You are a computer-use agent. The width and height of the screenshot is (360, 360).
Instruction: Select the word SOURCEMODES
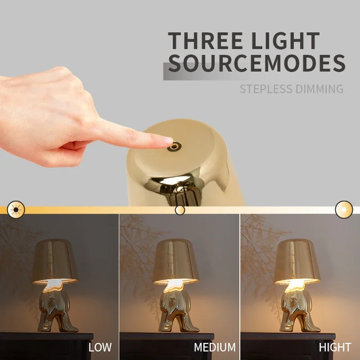(257, 63)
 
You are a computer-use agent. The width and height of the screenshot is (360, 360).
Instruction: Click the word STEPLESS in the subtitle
(266, 89)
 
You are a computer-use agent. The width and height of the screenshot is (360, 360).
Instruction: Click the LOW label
(100, 347)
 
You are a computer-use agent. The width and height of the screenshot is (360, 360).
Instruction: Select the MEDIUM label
(215, 347)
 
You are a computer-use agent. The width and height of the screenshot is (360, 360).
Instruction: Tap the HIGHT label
(335, 347)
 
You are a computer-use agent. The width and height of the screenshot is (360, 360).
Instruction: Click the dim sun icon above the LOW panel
(16, 209)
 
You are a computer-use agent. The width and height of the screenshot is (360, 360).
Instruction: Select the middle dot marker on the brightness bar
(180, 210)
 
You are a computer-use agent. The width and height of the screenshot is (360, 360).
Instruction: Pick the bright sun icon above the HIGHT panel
(344, 209)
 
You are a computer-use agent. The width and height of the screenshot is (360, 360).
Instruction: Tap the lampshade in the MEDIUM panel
(176, 260)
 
